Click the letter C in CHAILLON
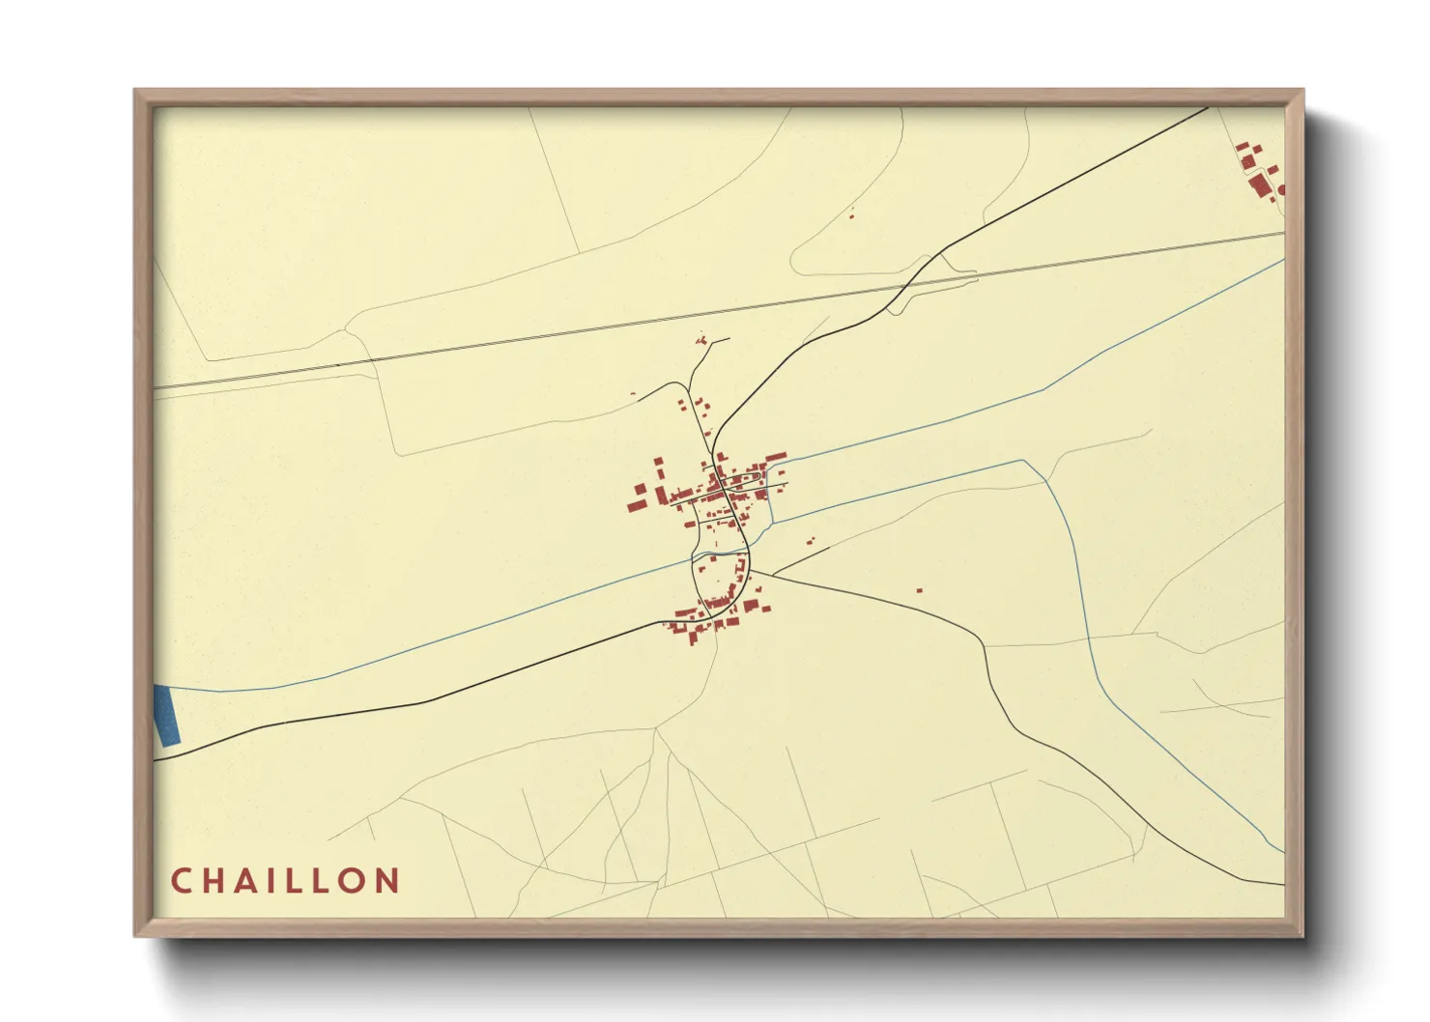pos(181,881)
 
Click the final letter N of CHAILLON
pos(388,881)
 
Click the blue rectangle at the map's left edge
pos(167,715)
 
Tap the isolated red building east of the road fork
pos(919,590)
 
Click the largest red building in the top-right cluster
pos(1258,185)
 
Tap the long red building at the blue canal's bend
pos(775,456)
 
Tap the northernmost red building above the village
pos(701,341)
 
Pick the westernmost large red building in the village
pos(636,504)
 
